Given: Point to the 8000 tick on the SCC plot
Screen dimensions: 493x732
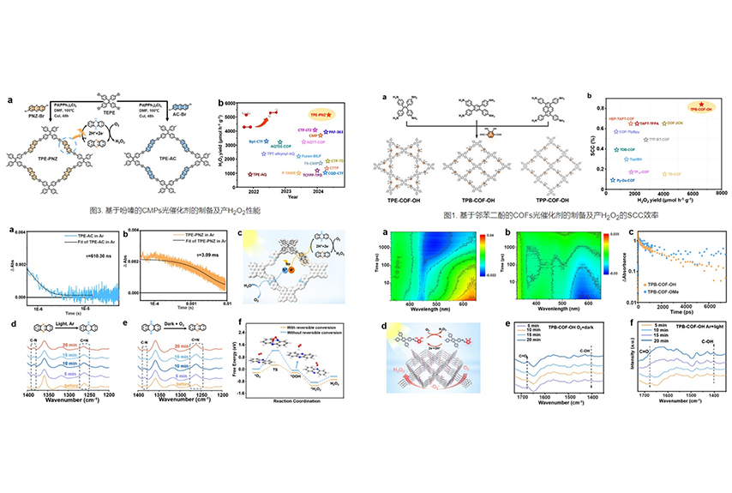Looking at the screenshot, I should tap(722, 195).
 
